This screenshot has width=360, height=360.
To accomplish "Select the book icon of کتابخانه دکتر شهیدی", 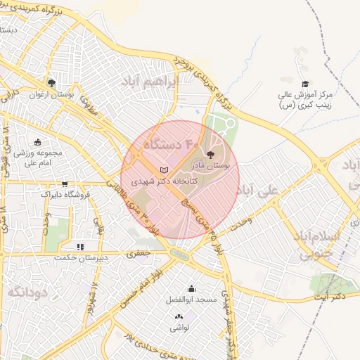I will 165,171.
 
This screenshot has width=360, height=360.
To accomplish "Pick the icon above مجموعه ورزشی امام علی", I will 37,141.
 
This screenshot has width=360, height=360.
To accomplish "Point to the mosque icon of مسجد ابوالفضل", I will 191,289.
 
